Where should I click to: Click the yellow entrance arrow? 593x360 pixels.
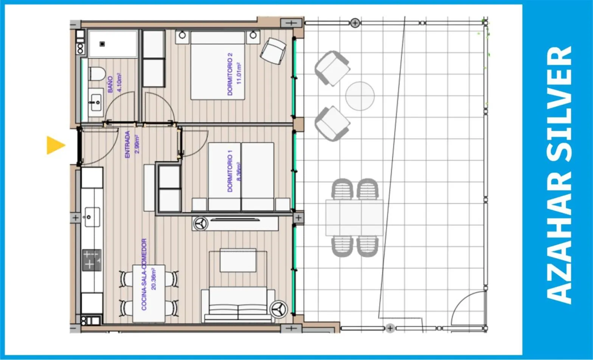point(55,145)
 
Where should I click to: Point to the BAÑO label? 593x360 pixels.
point(110,84)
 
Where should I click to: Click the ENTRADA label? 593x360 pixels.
point(127,144)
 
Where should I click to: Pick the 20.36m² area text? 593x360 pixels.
point(153,279)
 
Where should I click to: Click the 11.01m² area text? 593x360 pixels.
point(239,73)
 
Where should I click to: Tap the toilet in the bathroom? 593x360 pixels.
point(97,74)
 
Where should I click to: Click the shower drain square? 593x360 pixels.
point(102,44)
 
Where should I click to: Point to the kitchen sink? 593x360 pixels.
point(92,217)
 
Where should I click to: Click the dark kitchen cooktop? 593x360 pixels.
point(92,260)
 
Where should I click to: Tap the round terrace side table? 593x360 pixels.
point(360,96)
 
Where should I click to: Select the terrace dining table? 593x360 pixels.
point(354,217)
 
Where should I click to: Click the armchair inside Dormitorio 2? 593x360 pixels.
point(273,51)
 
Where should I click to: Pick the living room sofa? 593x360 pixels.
point(238,306)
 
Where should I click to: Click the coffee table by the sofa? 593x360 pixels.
point(238,260)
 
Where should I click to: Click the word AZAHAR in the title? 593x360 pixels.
point(559,244)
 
